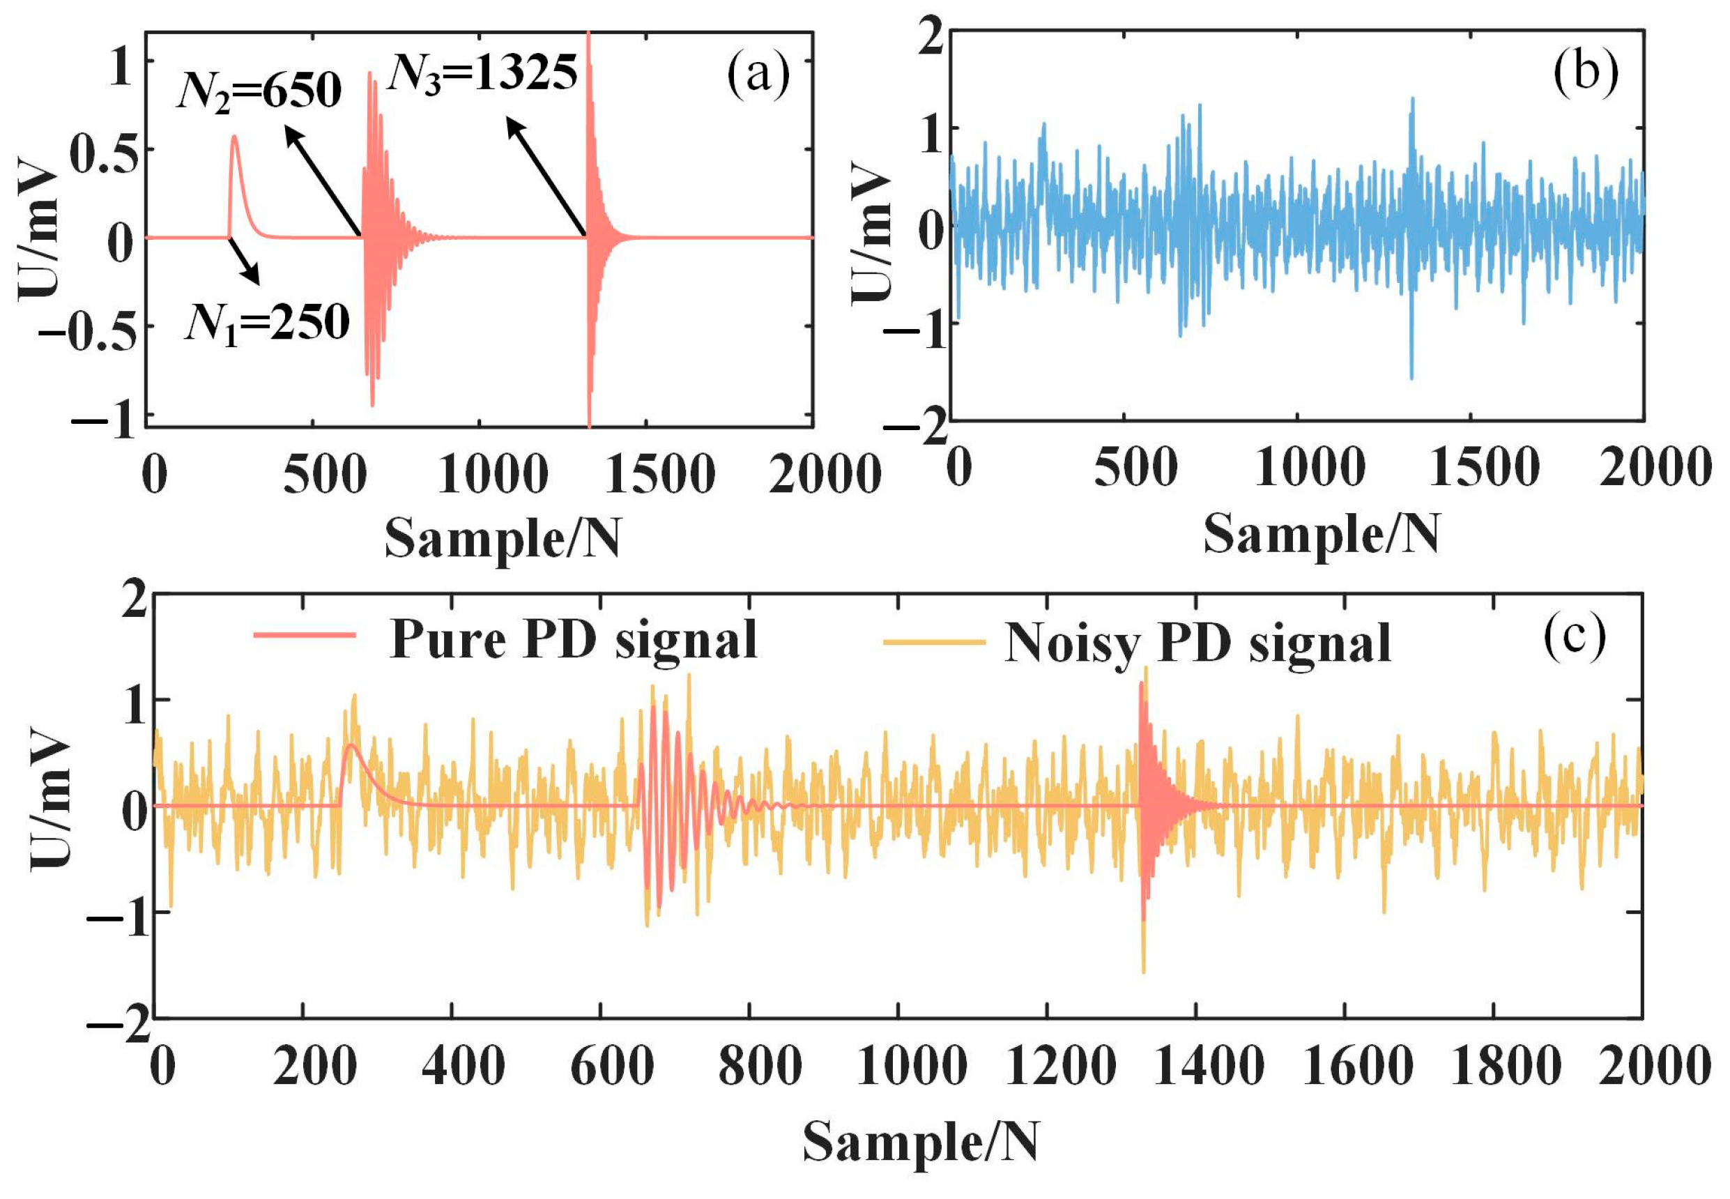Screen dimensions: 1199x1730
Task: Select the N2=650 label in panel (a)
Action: (x=260, y=91)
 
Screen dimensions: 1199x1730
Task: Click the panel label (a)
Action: (x=758, y=75)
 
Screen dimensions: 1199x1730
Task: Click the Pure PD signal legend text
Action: (x=573, y=640)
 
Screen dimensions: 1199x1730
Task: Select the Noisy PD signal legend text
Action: (x=1197, y=643)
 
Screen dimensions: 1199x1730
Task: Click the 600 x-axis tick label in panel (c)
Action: (x=611, y=1067)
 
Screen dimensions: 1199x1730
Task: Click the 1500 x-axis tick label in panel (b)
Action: (x=1484, y=468)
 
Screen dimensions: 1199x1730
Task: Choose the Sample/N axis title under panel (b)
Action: (x=1322, y=534)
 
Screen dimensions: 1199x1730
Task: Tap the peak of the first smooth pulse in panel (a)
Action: (x=234, y=136)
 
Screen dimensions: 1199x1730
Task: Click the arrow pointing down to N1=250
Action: (x=245, y=262)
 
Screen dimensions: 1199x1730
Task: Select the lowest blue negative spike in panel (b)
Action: (x=1411, y=379)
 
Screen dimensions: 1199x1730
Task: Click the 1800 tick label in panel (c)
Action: (x=1506, y=1067)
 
